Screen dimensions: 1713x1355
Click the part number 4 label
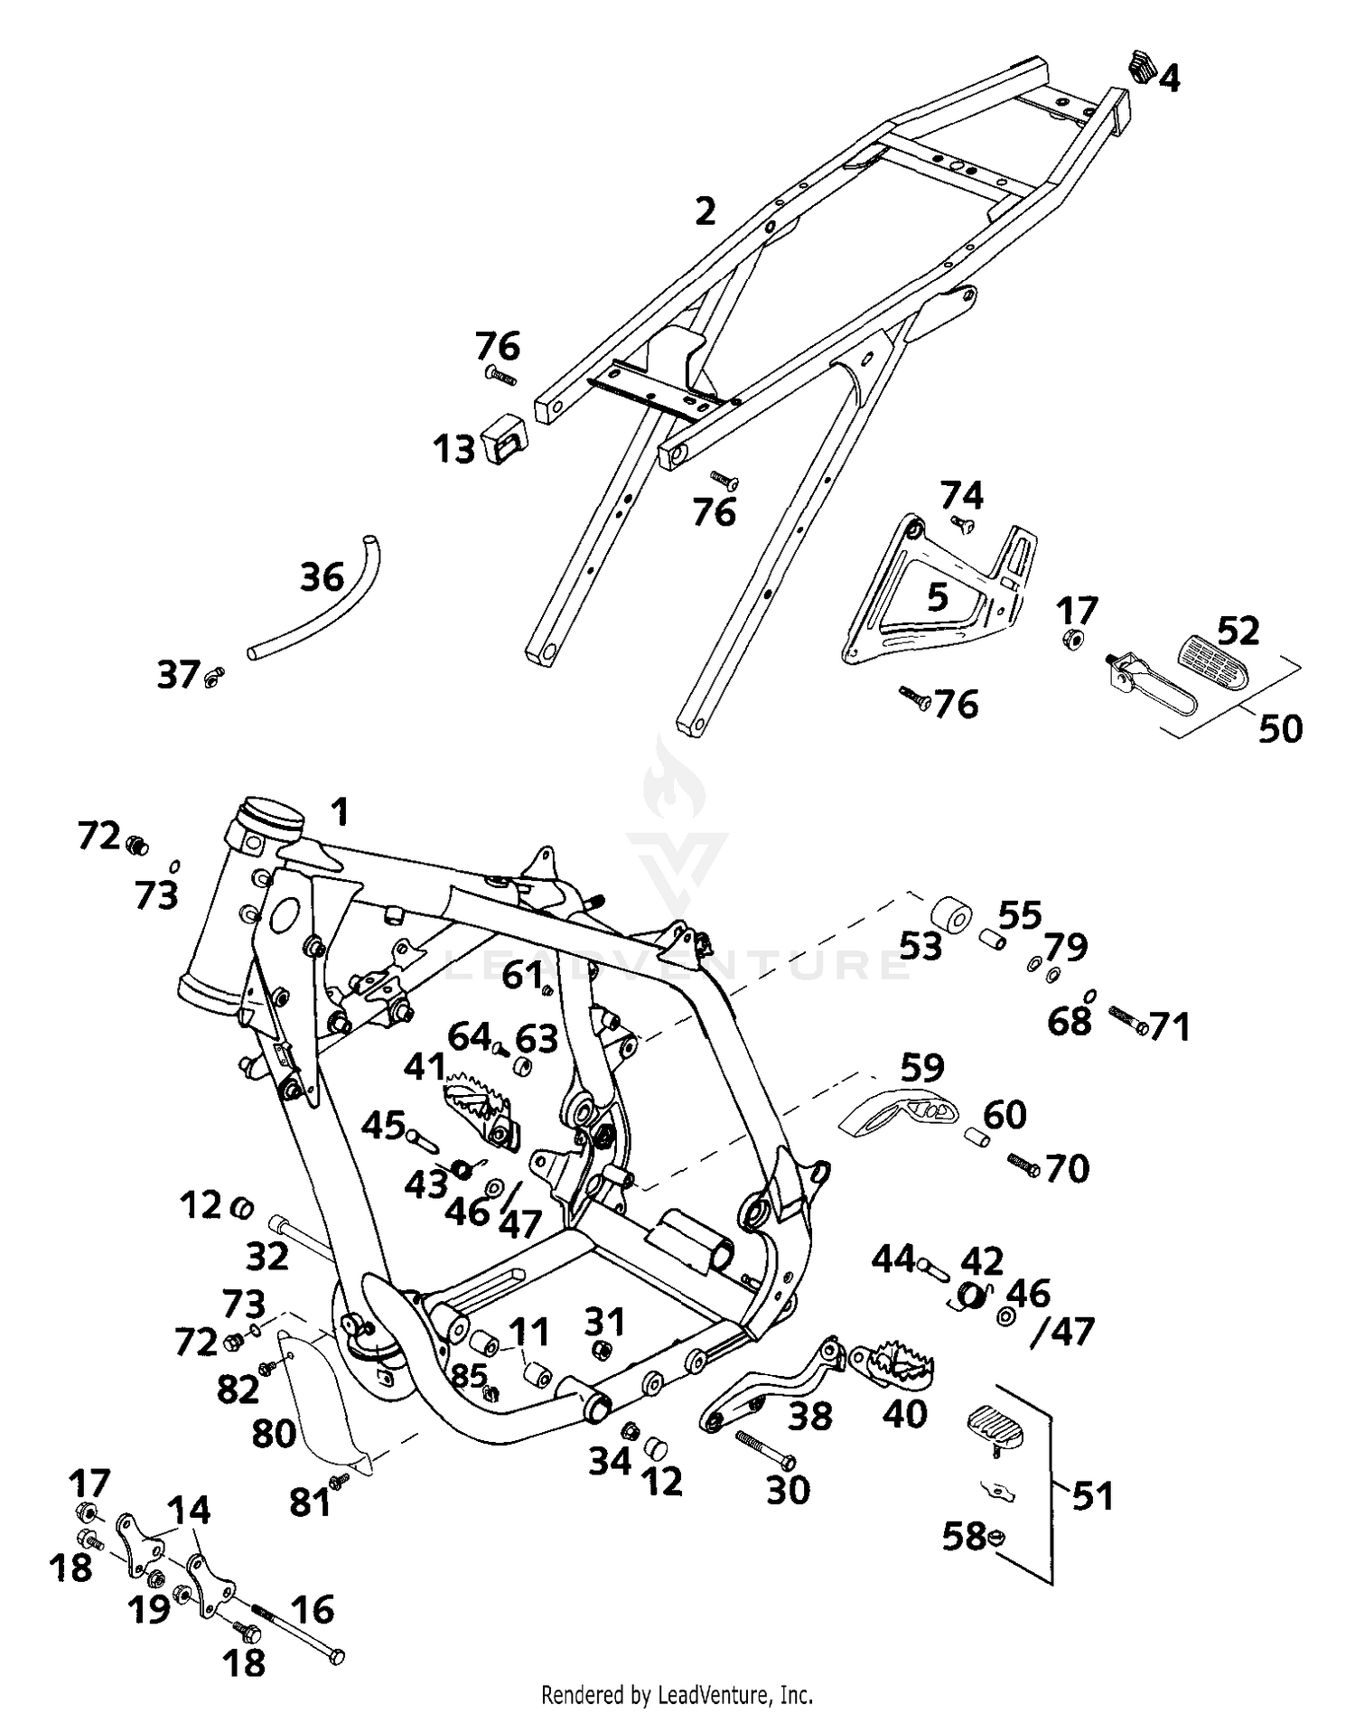pos(1169,80)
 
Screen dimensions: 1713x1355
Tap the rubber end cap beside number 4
pos(1142,66)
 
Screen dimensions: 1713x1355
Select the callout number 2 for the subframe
pos(705,211)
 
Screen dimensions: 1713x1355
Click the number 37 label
pos(178,675)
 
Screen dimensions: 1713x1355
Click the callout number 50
pos(1280,728)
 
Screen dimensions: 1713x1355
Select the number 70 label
pos(1067,1169)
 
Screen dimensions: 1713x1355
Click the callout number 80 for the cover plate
pos(274,1433)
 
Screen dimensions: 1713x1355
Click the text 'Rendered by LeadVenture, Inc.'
pos(677,1694)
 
